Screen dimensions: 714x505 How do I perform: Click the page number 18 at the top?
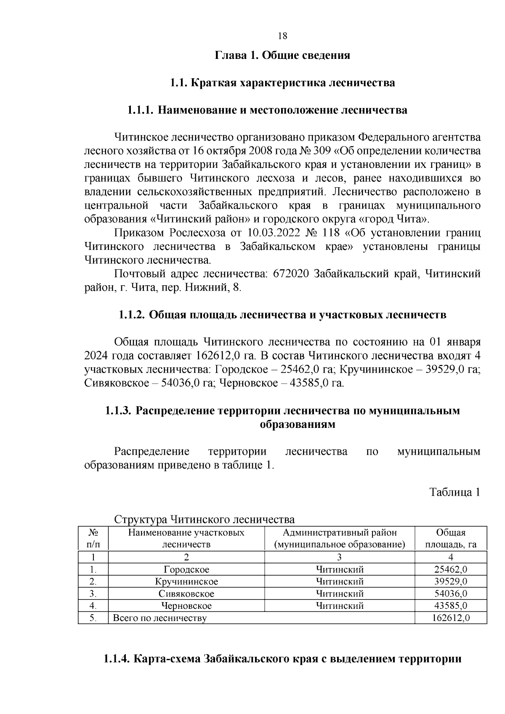tap(283, 36)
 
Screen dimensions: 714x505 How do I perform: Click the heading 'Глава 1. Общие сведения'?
tap(282, 55)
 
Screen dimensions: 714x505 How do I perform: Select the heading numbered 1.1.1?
tap(267, 110)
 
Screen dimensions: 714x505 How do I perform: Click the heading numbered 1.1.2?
tap(282, 315)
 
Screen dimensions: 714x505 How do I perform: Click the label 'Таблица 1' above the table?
tap(454, 492)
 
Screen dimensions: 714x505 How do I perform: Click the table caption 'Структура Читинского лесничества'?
tap(205, 519)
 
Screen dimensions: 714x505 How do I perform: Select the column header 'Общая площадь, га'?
tap(450, 539)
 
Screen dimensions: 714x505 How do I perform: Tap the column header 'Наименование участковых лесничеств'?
tap(186, 539)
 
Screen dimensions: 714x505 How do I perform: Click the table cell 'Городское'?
tap(186, 570)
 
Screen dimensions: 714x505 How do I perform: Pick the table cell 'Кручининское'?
tap(186, 582)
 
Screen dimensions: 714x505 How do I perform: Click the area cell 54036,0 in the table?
tap(451, 594)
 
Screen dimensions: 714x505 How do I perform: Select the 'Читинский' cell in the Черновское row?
tap(340, 606)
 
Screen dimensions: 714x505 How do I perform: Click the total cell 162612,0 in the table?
tap(451, 618)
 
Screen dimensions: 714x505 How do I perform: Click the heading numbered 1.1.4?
tap(282, 659)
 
